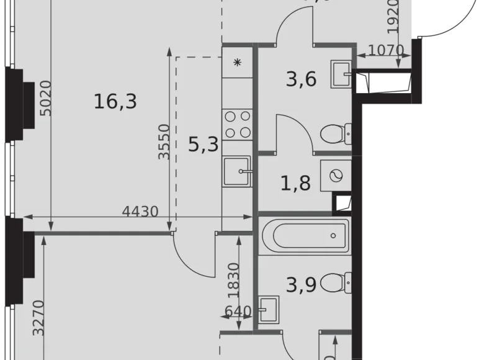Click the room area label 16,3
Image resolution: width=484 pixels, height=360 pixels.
point(115,100)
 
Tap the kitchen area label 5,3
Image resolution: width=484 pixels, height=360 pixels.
point(203,145)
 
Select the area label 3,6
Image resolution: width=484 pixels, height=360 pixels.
point(302,79)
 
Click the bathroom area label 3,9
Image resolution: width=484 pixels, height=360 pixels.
point(302,285)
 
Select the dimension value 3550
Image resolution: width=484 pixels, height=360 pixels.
point(164,142)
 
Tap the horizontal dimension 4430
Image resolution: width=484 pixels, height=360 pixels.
point(140,211)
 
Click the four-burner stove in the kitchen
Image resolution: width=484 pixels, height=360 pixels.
point(237,124)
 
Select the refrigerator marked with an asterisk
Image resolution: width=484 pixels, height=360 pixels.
point(237,63)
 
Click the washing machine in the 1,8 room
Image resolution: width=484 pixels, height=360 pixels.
point(336,176)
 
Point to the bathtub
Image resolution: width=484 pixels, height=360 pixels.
point(304,236)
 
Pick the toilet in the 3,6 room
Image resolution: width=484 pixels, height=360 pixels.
point(336,132)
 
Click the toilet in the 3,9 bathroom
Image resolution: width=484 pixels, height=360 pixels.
point(339,284)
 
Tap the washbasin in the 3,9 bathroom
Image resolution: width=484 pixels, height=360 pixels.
point(268,308)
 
